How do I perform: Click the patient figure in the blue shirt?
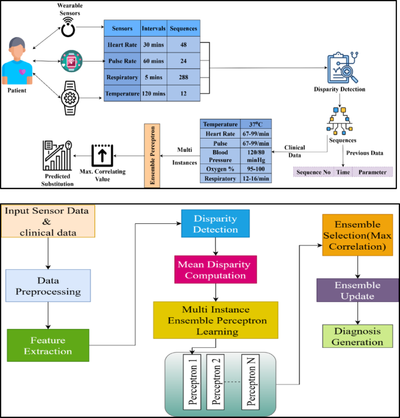[x=18, y=61]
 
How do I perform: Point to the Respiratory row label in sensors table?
[x=122, y=77]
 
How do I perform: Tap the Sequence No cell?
[x=313, y=172]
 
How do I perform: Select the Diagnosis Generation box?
[x=357, y=336]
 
